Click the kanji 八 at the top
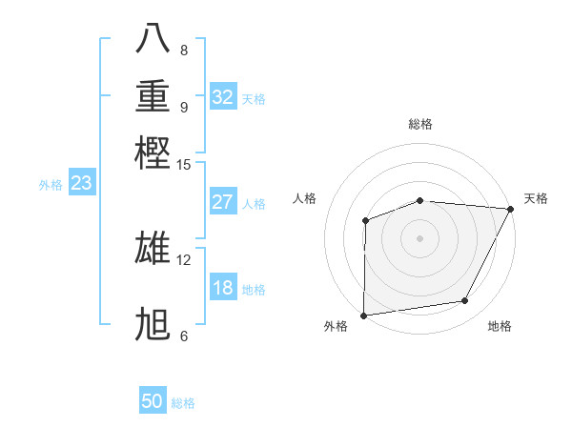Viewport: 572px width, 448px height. click(153, 38)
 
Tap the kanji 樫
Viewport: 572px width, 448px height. click(153, 152)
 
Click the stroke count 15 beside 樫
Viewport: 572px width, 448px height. click(184, 164)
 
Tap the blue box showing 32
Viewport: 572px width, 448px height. click(223, 97)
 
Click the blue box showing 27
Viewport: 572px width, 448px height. click(223, 202)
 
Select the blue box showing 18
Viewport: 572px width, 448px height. click(223, 288)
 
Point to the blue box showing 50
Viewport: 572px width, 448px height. click(153, 401)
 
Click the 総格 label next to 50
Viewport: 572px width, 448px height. click(183, 403)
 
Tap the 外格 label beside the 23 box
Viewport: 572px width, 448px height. click(51, 185)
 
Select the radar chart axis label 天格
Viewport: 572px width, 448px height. click(537, 198)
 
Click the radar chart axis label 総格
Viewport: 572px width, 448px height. click(420, 124)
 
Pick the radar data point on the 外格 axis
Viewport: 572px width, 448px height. click(363, 315)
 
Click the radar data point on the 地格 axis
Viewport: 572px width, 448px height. click(465, 301)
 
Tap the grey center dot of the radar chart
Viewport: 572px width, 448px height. click(419, 237)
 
